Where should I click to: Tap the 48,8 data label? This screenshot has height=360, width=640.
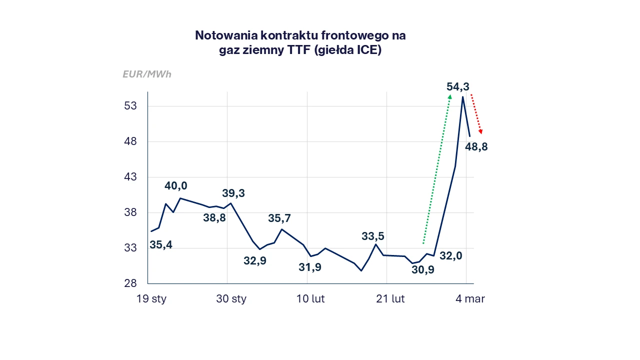pyautogui.click(x=476, y=147)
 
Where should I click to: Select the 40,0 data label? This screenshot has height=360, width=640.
pyautogui.click(x=175, y=186)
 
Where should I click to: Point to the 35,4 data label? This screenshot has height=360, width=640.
pyautogui.click(x=161, y=245)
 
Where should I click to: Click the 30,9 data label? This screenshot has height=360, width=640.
pyautogui.click(x=423, y=270)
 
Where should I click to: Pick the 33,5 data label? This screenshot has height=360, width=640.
pyautogui.click(x=373, y=236)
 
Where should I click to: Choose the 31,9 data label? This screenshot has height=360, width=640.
pyautogui.click(x=310, y=267)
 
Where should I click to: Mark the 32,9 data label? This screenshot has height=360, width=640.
pyautogui.click(x=255, y=261)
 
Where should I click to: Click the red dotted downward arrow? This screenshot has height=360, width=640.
pyautogui.click(x=476, y=114)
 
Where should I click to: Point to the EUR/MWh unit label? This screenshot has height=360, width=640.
pyautogui.click(x=147, y=74)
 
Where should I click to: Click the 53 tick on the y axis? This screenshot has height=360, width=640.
pyautogui.click(x=130, y=106)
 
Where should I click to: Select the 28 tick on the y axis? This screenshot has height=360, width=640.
pyautogui.click(x=130, y=283)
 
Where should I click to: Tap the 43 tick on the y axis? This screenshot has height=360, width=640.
pyautogui.click(x=130, y=177)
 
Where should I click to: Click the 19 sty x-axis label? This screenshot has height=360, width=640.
pyautogui.click(x=151, y=299)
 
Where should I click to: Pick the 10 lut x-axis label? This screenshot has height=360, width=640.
pyautogui.click(x=310, y=299)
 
